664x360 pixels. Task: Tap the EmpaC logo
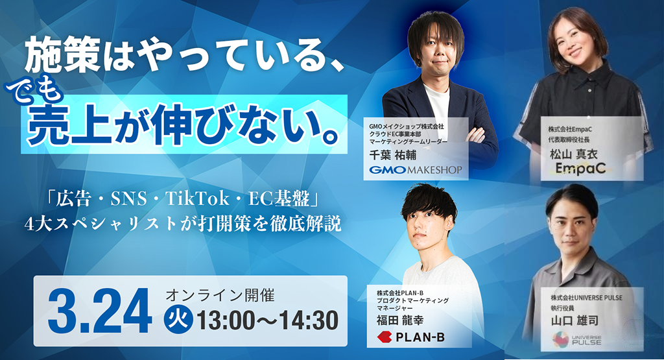[578, 169]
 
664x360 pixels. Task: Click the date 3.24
[100, 311]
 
